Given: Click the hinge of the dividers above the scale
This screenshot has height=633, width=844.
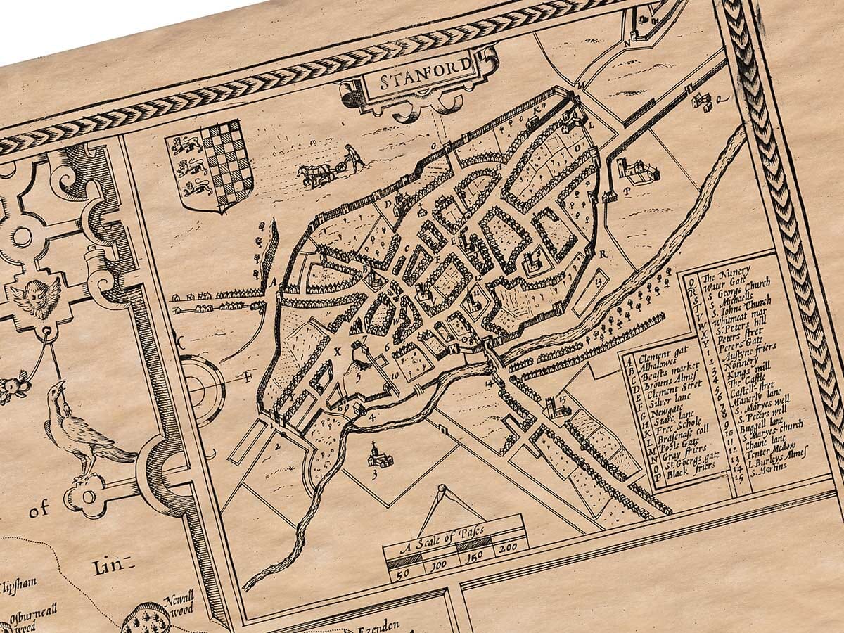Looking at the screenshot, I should click(442, 488).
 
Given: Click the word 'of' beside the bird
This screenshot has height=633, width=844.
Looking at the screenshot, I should click(39, 511).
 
